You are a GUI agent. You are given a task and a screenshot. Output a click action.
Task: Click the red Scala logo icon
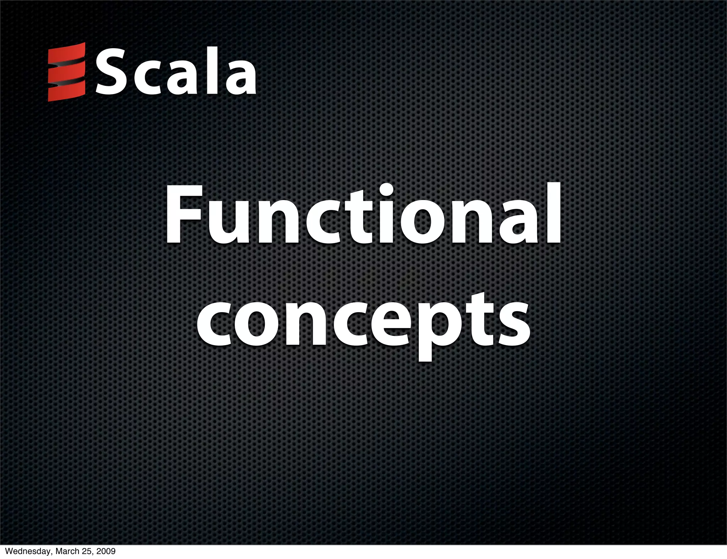[67, 72]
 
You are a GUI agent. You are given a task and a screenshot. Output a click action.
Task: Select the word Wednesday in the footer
[25, 552]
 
